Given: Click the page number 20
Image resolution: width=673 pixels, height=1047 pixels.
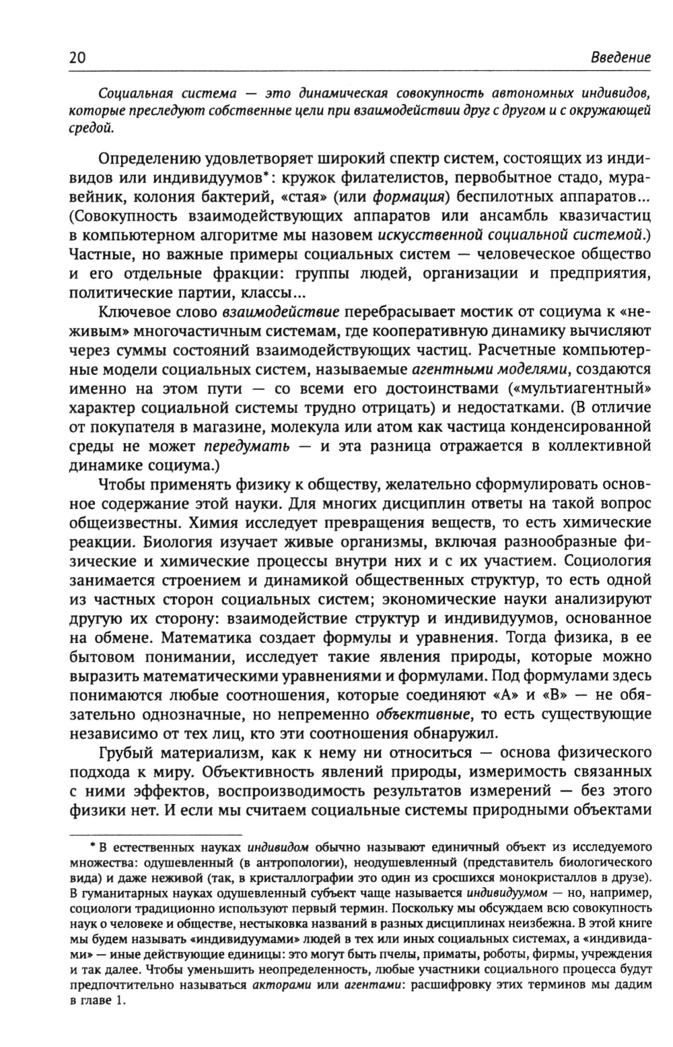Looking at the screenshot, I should click(x=78, y=58).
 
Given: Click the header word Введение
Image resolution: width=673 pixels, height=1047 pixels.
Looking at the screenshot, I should click(x=621, y=58).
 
